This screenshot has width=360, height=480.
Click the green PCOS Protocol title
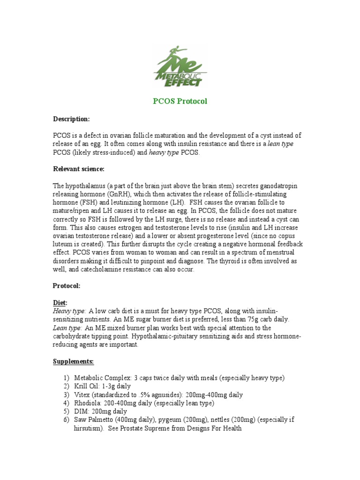[x=180, y=101]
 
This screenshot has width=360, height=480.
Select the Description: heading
[x=71, y=119]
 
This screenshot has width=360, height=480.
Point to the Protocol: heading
[x=67, y=286]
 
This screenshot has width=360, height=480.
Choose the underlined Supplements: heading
[x=73, y=361]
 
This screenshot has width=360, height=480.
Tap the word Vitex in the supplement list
[x=82, y=395]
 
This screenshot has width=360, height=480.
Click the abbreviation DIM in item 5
[x=81, y=412]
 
